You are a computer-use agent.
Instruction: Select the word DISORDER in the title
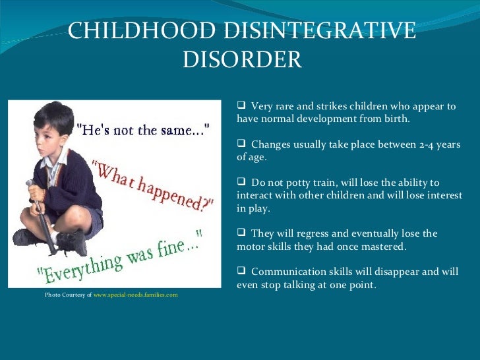pos(241,60)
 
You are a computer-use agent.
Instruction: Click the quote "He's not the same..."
pos(145,129)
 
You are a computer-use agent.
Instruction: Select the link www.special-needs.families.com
pos(136,295)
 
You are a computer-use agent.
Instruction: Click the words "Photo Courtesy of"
pos(69,295)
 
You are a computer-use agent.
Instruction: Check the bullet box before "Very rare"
pos(241,105)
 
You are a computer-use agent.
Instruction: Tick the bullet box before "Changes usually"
pos(241,144)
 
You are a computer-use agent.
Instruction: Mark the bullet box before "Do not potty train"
pos(241,182)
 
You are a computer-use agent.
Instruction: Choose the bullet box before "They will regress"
pos(241,233)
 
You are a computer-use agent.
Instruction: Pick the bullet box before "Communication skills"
pos(241,271)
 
